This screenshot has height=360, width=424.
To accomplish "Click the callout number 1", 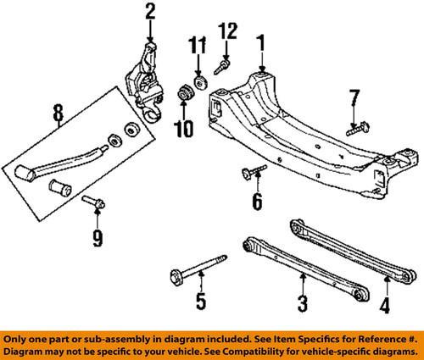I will (262, 40).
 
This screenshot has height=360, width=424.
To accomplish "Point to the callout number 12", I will (226, 31).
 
